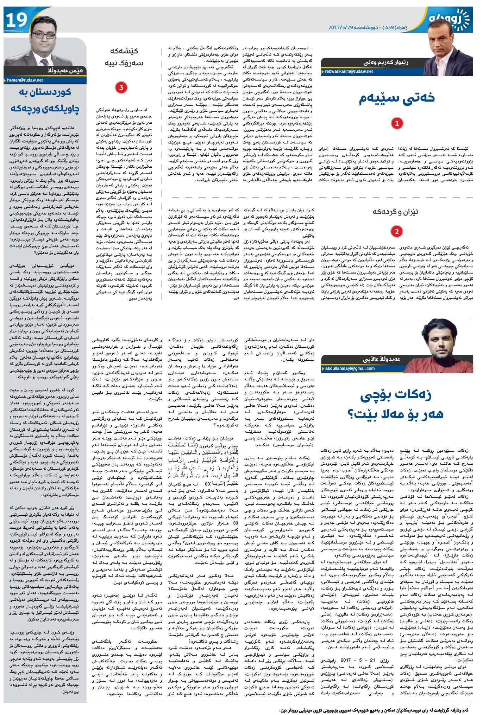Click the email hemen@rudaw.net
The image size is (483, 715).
click(x=25, y=80)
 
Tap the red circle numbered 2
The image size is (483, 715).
click(x=397, y=232)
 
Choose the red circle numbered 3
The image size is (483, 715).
click(x=121, y=88)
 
